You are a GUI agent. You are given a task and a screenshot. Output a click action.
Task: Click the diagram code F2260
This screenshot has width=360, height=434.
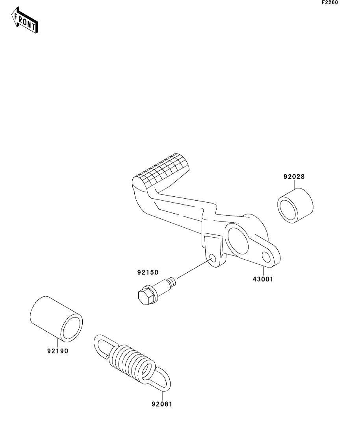coord(330,2)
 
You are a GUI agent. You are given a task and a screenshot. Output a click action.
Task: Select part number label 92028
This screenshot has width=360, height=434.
coord(294,177)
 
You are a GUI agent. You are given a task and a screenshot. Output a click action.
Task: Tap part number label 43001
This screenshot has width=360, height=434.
coord(263,279)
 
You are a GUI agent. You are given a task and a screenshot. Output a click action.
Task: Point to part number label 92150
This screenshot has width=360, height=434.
coord(148,272)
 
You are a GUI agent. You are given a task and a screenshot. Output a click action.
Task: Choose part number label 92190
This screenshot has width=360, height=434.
coord(58,351)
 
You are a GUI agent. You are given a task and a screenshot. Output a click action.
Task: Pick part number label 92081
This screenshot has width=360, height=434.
coord(161,404)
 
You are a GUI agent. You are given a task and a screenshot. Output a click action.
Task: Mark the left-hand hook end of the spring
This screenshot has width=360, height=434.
coord(103,344)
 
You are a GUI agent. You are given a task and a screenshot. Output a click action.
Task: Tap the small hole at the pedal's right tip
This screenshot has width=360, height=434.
coord(266,258)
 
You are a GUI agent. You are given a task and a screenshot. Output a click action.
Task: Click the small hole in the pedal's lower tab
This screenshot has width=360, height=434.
coord(213,258)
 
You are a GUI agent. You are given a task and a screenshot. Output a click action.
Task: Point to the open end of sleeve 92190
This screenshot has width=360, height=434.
coord(72,326)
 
